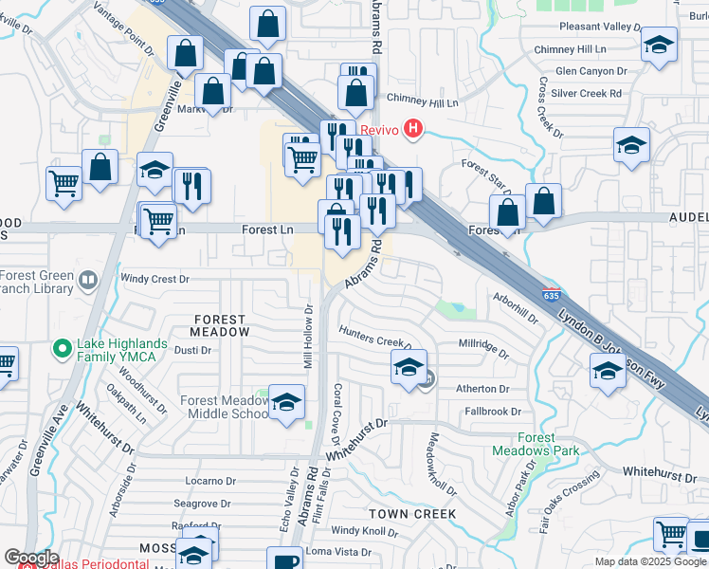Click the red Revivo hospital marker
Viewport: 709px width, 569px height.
coord(412,129)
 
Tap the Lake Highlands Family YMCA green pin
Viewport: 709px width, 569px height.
coord(64,349)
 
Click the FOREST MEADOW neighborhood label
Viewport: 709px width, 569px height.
coord(220,325)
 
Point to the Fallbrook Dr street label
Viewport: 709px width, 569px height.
coord(493,412)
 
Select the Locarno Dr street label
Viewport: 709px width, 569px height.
coord(209,481)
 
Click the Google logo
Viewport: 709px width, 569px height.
coord(31,558)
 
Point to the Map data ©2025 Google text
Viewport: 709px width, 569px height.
coord(650,561)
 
